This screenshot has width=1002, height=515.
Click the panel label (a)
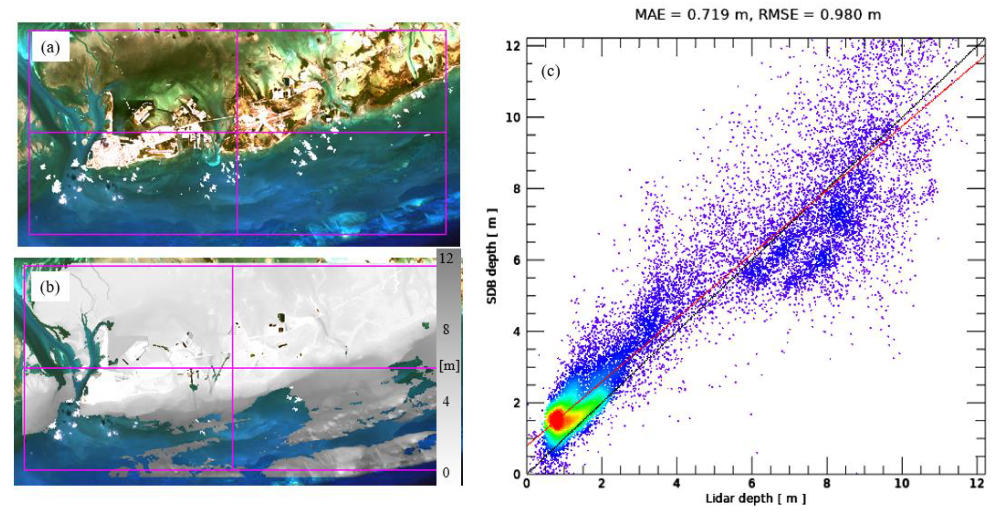click(x=50, y=48)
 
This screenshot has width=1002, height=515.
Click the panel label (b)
click(x=50, y=288)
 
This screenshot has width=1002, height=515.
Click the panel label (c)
click(x=550, y=72)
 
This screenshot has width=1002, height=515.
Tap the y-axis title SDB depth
click(x=492, y=256)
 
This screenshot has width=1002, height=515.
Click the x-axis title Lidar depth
click(x=756, y=499)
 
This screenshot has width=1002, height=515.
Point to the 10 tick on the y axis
click(x=513, y=117)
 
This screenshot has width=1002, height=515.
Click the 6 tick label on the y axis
click(x=517, y=260)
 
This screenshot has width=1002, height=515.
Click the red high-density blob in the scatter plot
click(x=557, y=420)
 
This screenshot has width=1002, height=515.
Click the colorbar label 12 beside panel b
click(x=446, y=258)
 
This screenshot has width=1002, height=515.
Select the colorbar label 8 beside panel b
click(x=446, y=330)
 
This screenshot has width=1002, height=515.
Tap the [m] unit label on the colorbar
click(x=449, y=366)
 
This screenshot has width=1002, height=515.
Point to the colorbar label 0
click(x=446, y=473)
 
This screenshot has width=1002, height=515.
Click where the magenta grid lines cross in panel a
click(x=236, y=132)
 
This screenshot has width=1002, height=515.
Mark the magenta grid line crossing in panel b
click(x=233, y=368)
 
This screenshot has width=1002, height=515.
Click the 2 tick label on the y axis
click(x=517, y=403)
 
